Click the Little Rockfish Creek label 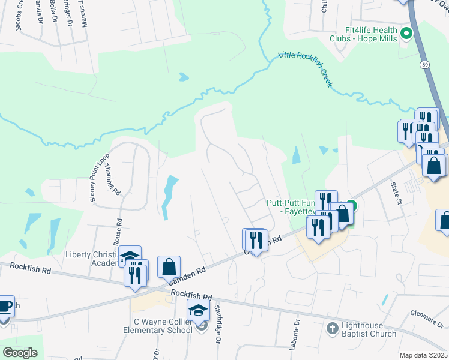(305, 69)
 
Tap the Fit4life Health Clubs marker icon (406, 34)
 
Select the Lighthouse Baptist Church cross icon (331, 328)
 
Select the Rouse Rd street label (120, 230)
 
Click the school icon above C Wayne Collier (197, 310)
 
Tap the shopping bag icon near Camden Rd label (169, 266)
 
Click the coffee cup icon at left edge (5, 306)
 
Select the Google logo (20, 353)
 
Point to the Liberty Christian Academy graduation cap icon (129, 257)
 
